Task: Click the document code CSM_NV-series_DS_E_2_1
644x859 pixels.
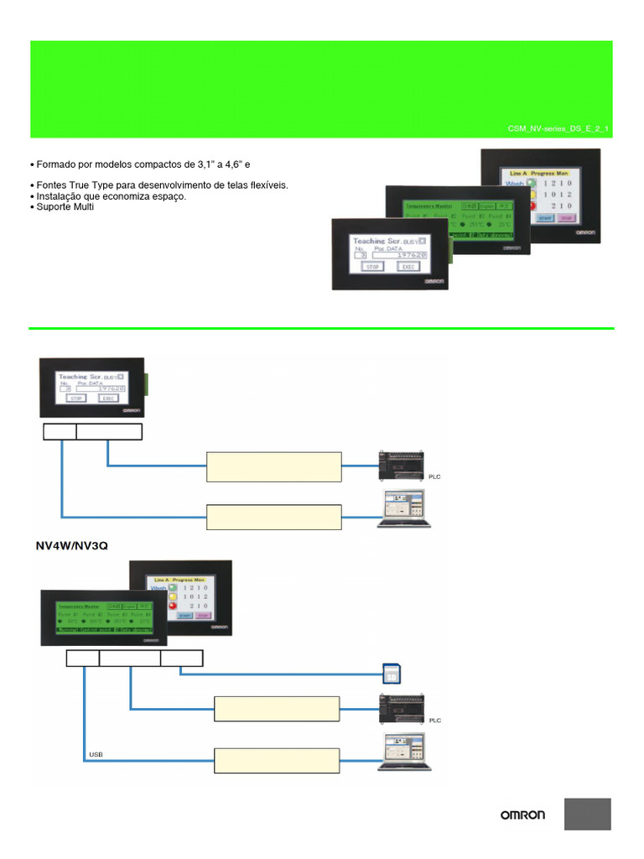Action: point(558,129)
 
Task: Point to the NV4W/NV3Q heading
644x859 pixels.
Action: point(71,545)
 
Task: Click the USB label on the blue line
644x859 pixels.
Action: point(96,754)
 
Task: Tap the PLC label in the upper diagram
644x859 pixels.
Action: point(434,476)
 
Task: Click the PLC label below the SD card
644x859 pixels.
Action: point(434,721)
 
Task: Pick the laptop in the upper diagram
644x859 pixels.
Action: point(404,508)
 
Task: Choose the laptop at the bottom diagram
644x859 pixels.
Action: point(404,752)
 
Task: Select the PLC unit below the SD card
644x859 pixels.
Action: point(404,706)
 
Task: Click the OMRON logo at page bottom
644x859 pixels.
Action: point(522,815)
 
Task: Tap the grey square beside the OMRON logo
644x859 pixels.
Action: point(587,814)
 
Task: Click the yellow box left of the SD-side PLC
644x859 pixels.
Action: point(277,708)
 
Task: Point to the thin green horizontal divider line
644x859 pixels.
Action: point(322,328)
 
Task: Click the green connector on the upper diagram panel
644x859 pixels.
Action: point(146,384)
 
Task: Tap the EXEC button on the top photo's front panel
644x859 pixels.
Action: point(408,266)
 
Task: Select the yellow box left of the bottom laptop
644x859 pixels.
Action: point(277,760)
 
